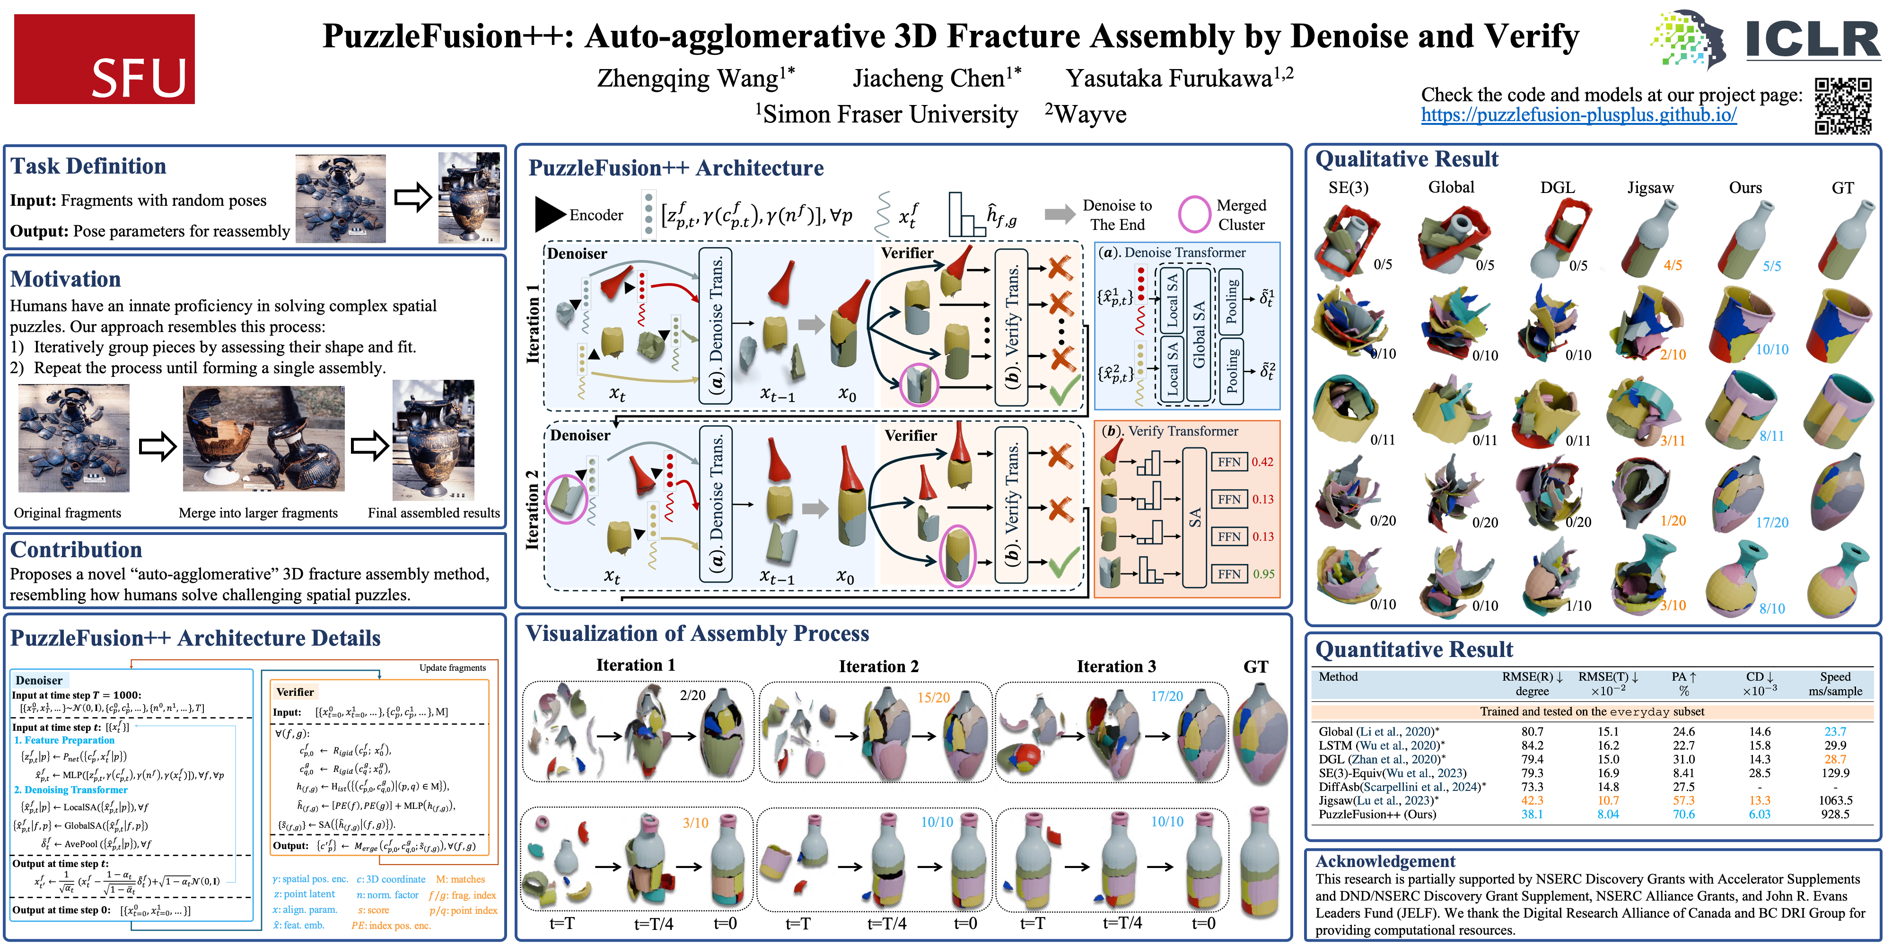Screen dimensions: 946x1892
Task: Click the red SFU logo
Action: click(x=104, y=59)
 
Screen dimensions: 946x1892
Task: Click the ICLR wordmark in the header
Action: click(x=1812, y=40)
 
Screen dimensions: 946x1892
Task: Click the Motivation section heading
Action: click(x=65, y=279)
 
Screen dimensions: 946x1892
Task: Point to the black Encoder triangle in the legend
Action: click(x=549, y=214)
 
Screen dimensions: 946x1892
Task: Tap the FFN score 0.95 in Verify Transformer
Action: click(x=1263, y=574)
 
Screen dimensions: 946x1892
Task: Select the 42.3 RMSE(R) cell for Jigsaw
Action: click(x=1532, y=800)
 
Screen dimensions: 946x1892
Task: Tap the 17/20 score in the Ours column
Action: click(x=1771, y=522)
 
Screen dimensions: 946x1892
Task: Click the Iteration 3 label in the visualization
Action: click(x=1116, y=666)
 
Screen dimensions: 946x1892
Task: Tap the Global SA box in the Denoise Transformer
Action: click(x=1199, y=334)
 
